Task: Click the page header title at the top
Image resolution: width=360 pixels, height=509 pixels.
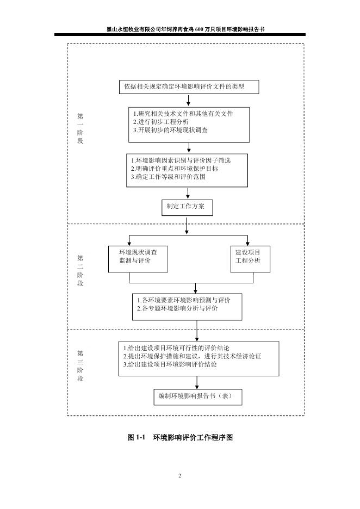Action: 180,30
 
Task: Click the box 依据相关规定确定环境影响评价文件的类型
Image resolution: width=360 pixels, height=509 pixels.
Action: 188,86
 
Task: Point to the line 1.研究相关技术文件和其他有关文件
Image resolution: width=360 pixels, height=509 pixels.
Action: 183,114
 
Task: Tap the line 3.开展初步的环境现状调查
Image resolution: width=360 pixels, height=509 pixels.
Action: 170,131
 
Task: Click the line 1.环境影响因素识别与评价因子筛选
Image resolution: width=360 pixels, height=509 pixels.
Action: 181,160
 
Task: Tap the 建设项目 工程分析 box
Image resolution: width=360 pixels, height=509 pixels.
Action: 248,257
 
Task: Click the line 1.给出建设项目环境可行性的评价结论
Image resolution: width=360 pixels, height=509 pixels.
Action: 176,348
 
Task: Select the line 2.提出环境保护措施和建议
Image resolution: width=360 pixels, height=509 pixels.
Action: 192,356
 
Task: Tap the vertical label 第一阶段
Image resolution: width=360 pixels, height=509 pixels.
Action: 80,128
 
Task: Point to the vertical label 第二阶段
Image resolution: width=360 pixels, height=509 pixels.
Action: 80,271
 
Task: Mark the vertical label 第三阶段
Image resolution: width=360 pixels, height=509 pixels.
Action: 80,365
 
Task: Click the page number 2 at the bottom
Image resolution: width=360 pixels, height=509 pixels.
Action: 180,476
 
